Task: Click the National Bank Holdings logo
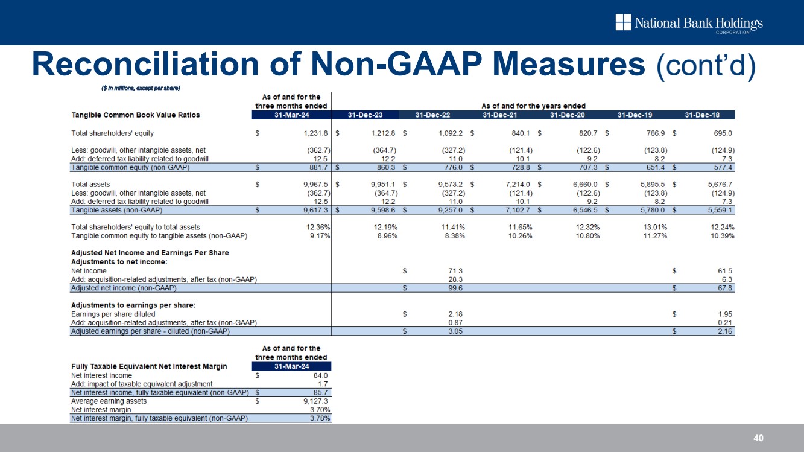[689, 24]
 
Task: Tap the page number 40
[758, 438]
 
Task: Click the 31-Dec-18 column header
[702, 115]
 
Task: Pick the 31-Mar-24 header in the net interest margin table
[291, 366]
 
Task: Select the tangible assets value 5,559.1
[720, 210]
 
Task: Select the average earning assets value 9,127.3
[314, 401]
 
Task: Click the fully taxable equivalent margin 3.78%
[317, 418]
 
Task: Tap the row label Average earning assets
[109, 401]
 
